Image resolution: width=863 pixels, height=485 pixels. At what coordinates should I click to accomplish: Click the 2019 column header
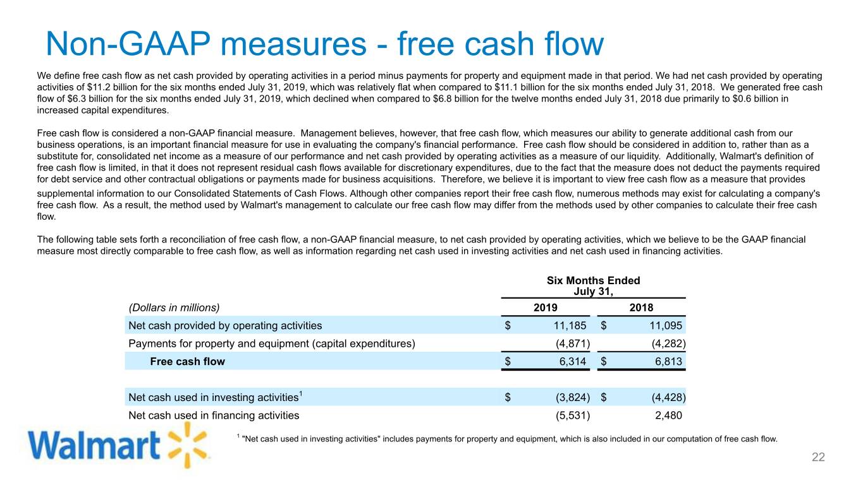click(x=546, y=308)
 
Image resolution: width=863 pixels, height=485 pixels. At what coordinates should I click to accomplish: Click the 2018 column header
click(x=641, y=308)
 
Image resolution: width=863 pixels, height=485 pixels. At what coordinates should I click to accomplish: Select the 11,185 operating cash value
click(x=568, y=326)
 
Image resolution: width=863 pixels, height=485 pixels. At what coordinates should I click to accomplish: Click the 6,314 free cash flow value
click(x=573, y=362)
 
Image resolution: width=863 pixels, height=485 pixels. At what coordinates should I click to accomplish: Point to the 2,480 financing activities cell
click(x=667, y=416)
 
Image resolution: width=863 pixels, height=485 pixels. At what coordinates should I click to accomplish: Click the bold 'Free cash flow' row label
click(x=187, y=362)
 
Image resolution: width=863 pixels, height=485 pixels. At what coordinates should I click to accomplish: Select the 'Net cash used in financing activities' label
click(x=214, y=416)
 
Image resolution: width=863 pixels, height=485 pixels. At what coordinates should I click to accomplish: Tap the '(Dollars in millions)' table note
click(x=174, y=308)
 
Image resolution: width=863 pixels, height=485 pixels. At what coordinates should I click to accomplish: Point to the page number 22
click(x=818, y=458)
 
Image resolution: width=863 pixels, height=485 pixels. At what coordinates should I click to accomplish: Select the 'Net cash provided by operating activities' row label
click(x=225, y=326)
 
